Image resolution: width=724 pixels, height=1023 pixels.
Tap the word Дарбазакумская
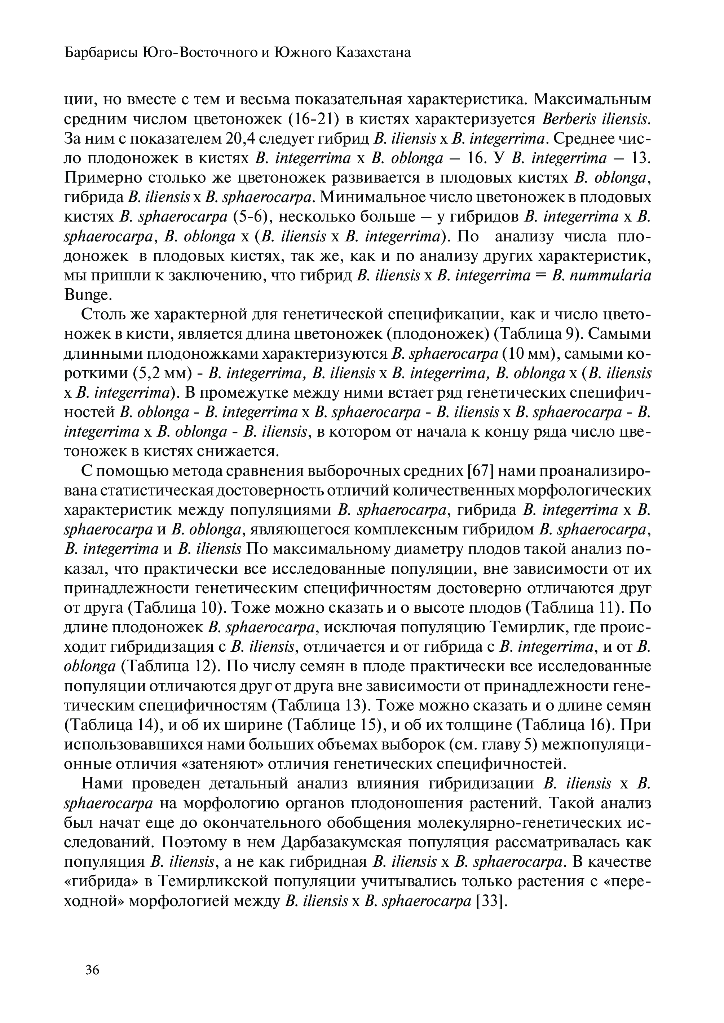point(342,843)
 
